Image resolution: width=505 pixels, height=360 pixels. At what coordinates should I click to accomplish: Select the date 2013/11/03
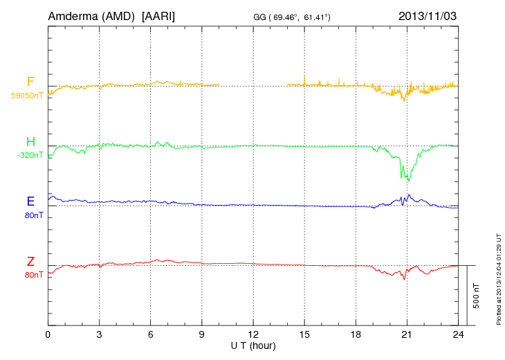click(x=428, y=15)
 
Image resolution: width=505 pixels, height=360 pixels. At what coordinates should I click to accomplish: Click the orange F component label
click(x=30, y=82)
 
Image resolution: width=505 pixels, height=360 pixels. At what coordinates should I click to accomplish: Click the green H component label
click(x=30, y=141)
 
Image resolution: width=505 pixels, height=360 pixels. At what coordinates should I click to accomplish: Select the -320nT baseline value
click(x=30, y=155)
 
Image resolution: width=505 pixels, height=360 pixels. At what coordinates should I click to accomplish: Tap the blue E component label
click(x=30, y=201)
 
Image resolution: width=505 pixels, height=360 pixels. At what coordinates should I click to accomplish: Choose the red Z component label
click(x=30, y=261)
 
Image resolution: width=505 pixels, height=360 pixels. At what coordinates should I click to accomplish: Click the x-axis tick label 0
click(x=48, y=334)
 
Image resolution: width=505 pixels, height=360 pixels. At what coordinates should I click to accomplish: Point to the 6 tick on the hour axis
click(x=151, y=334)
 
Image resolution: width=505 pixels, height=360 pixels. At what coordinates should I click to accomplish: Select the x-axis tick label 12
click(x=253, y=334)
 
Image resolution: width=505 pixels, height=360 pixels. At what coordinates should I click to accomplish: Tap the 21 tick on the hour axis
click(x=407, y=334)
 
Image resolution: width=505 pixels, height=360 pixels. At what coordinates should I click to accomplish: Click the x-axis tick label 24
click(x=458, y=334)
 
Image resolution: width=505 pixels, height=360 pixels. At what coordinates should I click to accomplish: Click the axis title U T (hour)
click(x=253, y=345)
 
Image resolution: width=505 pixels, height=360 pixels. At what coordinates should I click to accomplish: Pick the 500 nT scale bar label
click(x=477, y=295)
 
